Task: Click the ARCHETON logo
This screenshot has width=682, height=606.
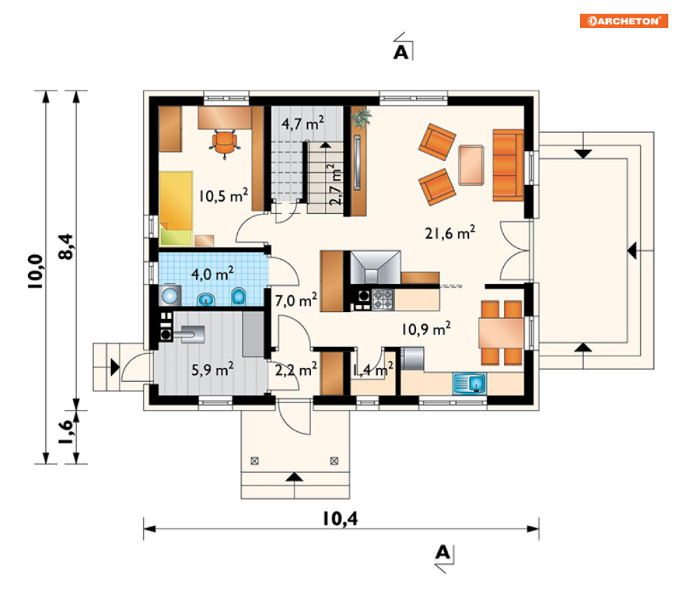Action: click(623, 21)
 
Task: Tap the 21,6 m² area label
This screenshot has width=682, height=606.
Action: click(450, 233)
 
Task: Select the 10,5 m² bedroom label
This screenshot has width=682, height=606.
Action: click(223, 195)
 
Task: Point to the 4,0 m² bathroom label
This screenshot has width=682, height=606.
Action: click(212, 274)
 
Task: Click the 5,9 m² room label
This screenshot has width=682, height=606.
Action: click(212, 369)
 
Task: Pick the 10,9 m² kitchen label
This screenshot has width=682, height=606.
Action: click(426, 329)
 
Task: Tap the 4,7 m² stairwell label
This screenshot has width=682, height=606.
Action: click(302, 123)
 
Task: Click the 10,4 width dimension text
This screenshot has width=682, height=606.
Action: click(340, 518)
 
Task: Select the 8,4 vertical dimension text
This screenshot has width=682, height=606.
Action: click(66, 247)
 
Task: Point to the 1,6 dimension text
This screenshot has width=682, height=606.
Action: click(66, 432)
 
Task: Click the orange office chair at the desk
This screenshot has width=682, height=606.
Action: click(225, 142)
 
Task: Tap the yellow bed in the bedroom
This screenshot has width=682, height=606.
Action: click(176, 208)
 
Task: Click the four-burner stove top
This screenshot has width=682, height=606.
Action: click(382, 300)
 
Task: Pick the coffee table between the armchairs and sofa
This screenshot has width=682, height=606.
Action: click(471, 165)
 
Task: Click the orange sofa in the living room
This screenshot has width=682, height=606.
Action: click(508, 165)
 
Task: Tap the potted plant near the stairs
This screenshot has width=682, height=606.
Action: click(361, 117)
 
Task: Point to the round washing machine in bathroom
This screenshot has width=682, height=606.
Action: click(170, 296)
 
